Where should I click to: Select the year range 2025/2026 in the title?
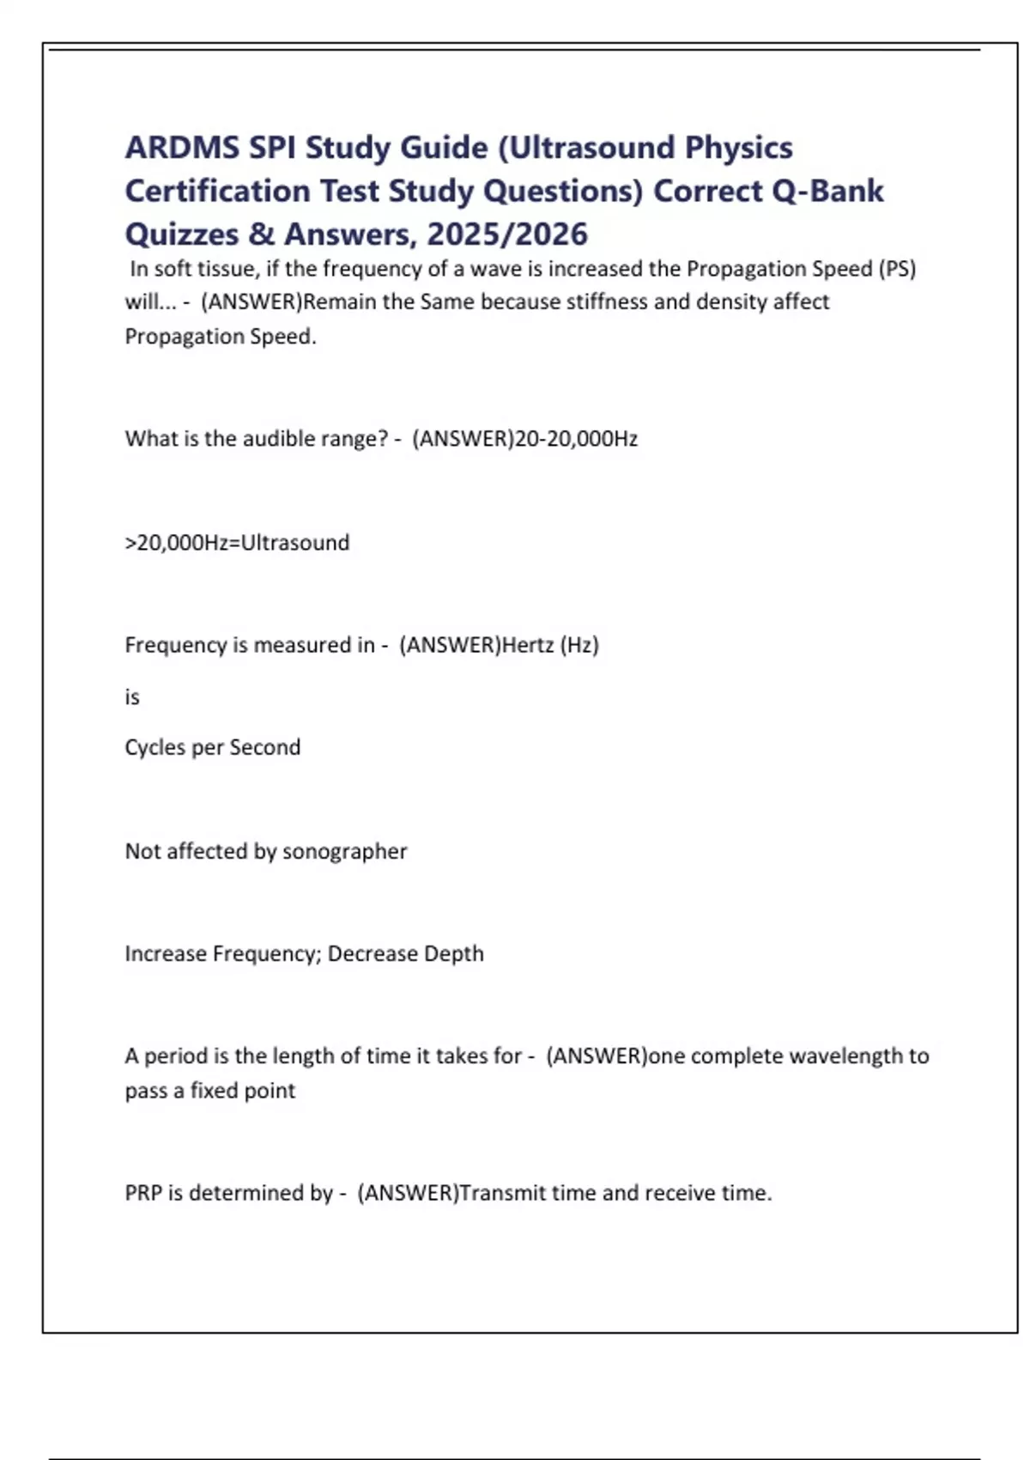pyautogui.click(x=507, y=234)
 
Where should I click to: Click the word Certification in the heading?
pyautogui.click(x=217, y=191)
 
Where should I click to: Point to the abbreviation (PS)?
pyautogui.click(x=897, y=269)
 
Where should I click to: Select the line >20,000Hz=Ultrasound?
pyautogui.click(x=237, y=543)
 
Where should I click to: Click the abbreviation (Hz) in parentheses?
pyautogui.click(x=579, y=645)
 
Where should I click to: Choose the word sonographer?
pyautogui.click(x=344, y=851)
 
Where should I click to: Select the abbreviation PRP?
pyautogui.click(x=142, y=1193)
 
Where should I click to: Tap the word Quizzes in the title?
pyautogui.click(x=182, y=234)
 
